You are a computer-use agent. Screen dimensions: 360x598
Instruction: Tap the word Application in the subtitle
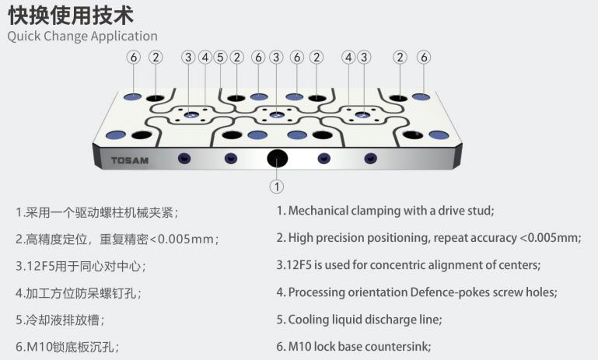124,37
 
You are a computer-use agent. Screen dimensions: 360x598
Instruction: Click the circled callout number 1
277,187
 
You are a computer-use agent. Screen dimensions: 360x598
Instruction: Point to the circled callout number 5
220,58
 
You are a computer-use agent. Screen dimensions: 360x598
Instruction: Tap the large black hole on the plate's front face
277,159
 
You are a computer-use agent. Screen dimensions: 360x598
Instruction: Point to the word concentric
400,265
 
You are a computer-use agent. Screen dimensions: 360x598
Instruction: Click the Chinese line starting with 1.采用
102,211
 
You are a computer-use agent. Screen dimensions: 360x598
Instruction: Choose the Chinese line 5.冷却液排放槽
59,320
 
